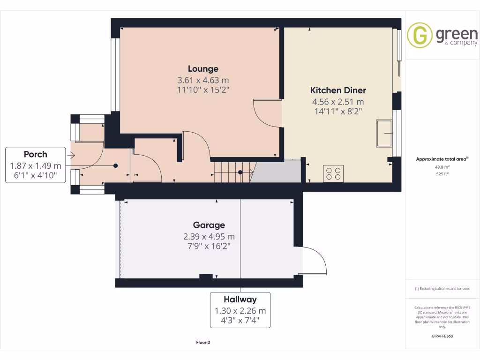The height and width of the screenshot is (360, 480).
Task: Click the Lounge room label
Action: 203,69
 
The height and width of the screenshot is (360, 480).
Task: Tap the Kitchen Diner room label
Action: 338,90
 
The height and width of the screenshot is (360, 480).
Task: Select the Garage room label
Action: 209,225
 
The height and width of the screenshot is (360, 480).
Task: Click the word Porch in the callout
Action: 36,154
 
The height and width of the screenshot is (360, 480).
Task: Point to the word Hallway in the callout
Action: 240,300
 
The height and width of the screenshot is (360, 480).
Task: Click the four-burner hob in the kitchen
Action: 333,173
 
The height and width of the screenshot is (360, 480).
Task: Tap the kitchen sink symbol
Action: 384,133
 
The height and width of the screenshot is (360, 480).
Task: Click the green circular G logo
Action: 420,35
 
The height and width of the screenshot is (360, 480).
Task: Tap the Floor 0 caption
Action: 203,343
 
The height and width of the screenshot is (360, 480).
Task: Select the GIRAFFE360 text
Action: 442,336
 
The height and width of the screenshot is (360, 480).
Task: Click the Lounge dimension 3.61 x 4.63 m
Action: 203,80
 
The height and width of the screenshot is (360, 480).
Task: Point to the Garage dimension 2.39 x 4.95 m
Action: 209,236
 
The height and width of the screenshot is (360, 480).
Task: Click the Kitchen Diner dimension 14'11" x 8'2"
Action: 338,111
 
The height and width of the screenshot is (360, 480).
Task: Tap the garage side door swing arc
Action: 315,260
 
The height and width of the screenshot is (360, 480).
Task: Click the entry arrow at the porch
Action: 71,155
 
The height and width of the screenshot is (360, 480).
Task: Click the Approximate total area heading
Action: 442,159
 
